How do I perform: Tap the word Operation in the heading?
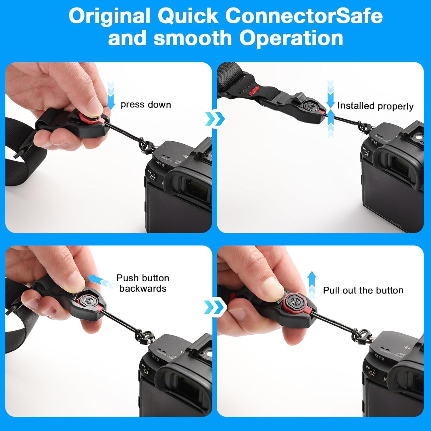pos(291,38)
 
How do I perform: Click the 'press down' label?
pos(146,105)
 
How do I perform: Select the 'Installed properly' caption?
pos(375,106)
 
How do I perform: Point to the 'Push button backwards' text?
pos(143,283)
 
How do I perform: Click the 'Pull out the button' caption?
pos(363,290)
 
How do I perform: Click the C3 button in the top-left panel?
pos(153,178)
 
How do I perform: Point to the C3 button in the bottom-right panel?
pos(372,373)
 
